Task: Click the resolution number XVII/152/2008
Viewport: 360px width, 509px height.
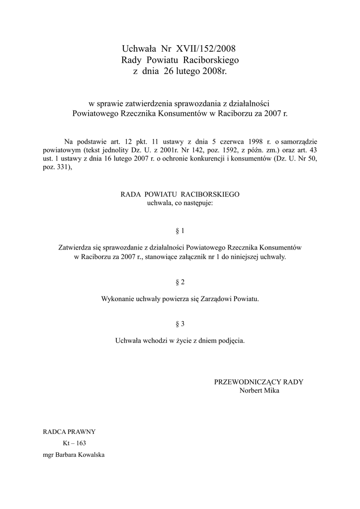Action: (x=202, y=49)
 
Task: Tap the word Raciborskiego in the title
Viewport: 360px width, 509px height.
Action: (x=211, y=60)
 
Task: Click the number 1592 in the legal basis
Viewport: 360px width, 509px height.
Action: (x=210, y=150)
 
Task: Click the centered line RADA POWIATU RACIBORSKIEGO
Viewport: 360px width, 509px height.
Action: (x=180, y=194)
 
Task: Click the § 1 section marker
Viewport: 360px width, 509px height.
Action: (x=180, y=231)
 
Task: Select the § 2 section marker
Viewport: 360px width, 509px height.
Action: (x=180, y=282)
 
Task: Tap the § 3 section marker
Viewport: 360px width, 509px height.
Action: (x=180, y=324)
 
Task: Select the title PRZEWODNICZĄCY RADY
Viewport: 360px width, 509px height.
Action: (x=259, y=382)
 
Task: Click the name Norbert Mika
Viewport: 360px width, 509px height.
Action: (x=259, y=391)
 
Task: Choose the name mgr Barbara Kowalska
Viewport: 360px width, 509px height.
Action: (x=74, y=455)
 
